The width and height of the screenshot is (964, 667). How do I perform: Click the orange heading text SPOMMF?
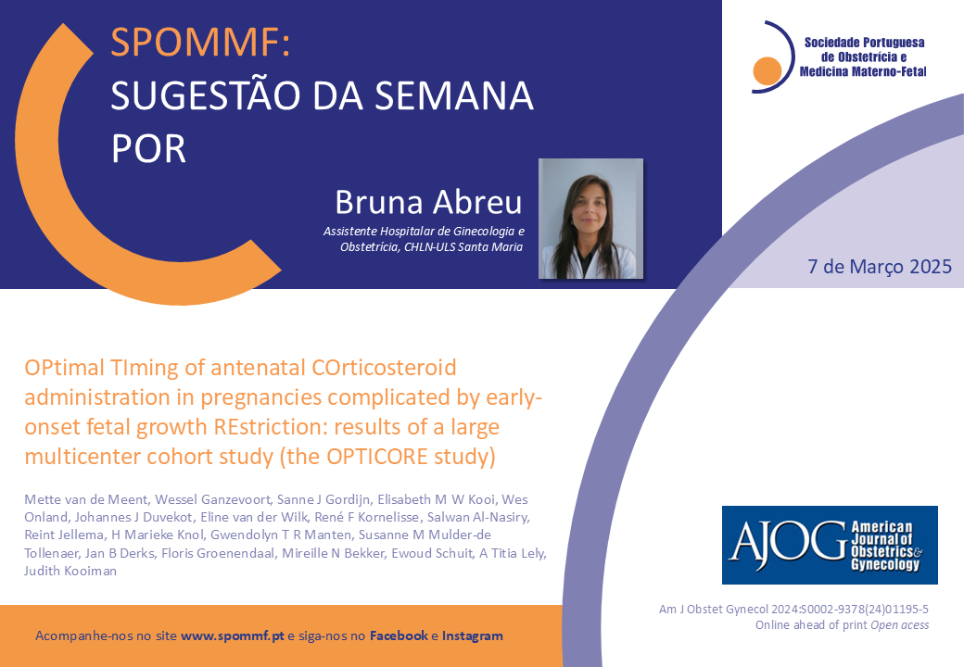click(x=200, y=43)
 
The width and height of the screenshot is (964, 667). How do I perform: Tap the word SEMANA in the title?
click(x=453, y=95)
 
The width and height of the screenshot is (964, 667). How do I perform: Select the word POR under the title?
click(x=148, y=148)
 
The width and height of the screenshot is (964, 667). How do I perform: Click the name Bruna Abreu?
click(x=428, y=202)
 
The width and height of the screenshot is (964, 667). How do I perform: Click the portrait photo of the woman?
click(x=590, y=219)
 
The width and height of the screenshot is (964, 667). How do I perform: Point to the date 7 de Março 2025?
click(x=879, y=267)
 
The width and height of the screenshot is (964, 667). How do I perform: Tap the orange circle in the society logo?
click(x=767, y=70)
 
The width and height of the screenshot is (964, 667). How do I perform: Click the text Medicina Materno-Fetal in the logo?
click(x=863, y=72)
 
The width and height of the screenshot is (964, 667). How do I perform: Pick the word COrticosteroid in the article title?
click(x=385, y=367)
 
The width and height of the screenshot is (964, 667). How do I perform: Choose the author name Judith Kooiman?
click(x=70, y=572)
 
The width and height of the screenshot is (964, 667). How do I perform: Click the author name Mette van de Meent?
click(x=86, y=499)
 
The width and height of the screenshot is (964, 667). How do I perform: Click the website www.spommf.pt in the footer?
click(x=233, y=636)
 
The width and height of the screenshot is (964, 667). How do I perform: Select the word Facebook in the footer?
click(x=399, y=636)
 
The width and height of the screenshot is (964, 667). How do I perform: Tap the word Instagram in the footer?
click(x=472, y=636)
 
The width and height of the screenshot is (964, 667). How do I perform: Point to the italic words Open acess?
click(x=899, y=625)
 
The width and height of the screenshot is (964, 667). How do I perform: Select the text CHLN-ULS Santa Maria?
click(x=463, y=247)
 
